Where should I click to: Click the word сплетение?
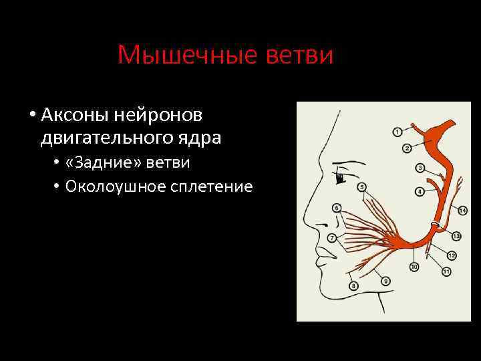211,186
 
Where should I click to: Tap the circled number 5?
361,186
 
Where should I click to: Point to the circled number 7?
332,238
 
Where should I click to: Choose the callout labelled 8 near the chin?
353,286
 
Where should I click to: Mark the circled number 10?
414,267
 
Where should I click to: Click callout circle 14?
463,211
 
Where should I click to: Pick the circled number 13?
457,236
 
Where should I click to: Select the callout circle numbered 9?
385,281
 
